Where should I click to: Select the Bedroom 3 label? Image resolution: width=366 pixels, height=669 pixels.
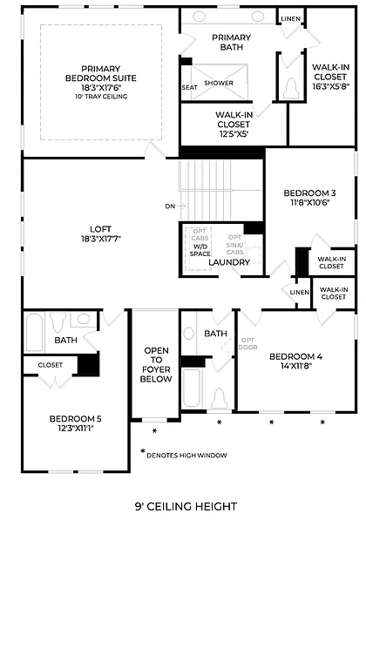309,198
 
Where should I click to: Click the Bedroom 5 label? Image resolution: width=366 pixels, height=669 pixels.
75,424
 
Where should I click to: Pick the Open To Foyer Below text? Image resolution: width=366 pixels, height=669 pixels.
156,364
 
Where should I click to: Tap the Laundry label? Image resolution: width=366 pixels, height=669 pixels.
229,262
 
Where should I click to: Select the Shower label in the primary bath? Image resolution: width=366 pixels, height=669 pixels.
218,84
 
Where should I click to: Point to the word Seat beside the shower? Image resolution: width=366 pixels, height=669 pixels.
189,87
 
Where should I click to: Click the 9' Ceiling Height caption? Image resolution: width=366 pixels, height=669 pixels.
186,506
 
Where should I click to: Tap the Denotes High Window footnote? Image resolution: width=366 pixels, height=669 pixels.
186,455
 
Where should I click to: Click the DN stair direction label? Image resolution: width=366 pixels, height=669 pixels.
169,206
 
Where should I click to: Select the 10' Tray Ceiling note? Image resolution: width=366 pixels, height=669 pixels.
100,97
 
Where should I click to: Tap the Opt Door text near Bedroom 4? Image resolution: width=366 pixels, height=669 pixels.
247,344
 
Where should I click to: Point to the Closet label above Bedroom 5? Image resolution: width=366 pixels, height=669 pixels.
50,365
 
